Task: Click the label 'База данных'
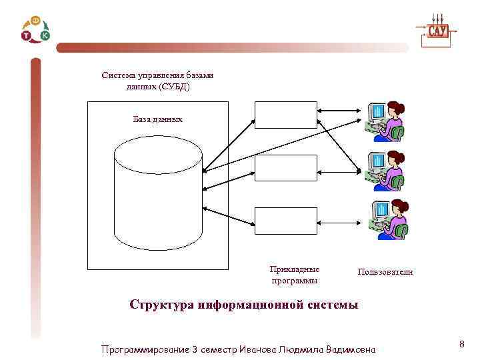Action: pos(157,119)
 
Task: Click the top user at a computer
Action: pos(386,121)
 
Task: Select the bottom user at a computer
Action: pos(386,219)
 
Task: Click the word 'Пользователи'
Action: pos(385,272)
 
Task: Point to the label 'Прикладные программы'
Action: pos(295,275)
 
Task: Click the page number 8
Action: pos(461,344)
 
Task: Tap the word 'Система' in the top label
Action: pos(117,75)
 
